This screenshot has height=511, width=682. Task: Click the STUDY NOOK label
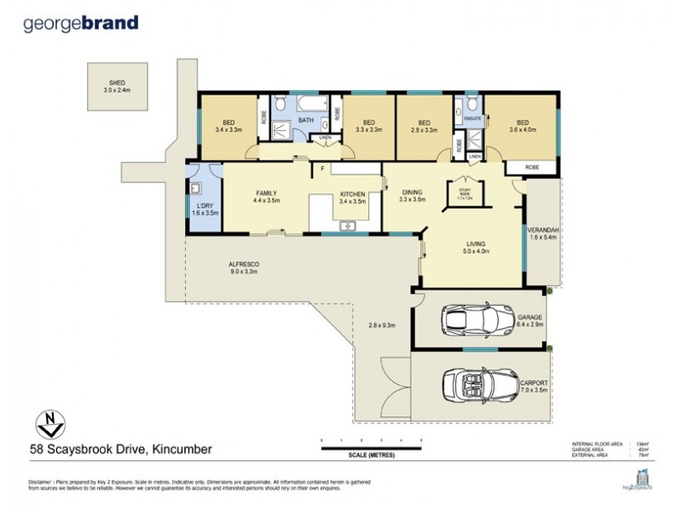pyautogui.click(x=465, y=192)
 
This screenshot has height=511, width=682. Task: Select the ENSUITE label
pyautogui.click(x=473, y=118)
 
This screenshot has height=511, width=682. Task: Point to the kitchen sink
pyautogui.click(x=346, y=226)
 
